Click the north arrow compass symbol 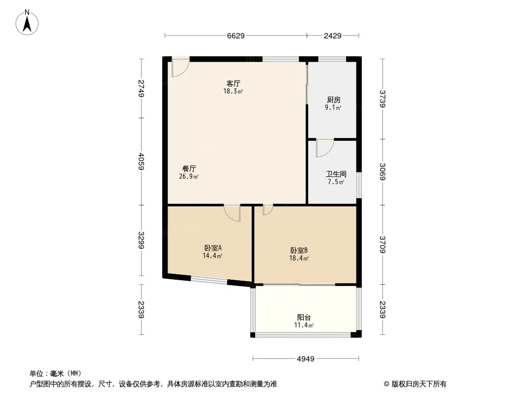(27, 23)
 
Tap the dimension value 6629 (236, 36)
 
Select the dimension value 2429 (332, 36)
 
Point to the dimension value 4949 (305, 359)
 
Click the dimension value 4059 (142, 162)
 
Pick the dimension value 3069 (382, 172)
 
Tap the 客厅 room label (233, 83)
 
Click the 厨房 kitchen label (333, 100)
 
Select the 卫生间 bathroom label (336, 174)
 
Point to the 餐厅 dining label (189, 169)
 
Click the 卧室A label (213, 248)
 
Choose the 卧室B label (299, 250)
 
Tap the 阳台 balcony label (304, 317)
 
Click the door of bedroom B (268, 210)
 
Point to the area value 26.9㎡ (189, 176)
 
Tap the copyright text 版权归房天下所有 (419, 384)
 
